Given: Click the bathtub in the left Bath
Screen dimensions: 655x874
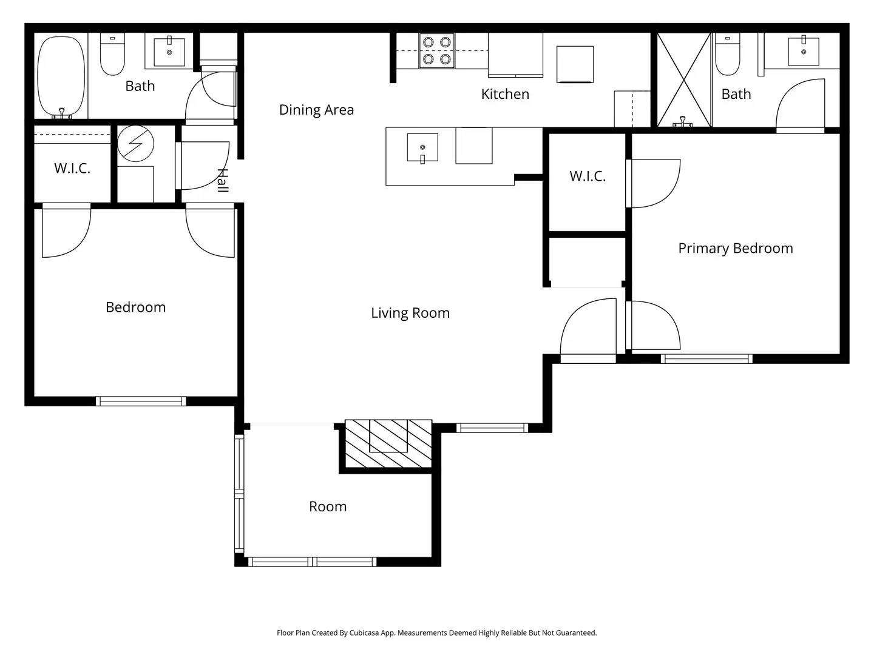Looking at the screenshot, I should tap(61, 77).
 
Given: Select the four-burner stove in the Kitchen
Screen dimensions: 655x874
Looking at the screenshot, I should tap(437, 50).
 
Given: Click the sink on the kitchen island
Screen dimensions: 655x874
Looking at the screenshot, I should tap(422, 147).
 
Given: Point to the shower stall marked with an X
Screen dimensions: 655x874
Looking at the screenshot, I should tap(684, 80).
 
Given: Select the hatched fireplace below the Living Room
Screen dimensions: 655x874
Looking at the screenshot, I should tap(388, 444).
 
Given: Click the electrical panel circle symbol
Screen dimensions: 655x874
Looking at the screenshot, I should tap(135, 144).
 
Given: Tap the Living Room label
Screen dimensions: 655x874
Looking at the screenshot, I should tap(410, 313).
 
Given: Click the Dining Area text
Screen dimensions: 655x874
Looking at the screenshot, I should tap(316, 110).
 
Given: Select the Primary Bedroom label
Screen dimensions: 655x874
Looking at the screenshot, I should tap(735, 248).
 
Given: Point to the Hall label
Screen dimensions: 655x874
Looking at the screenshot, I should tap(223, 180).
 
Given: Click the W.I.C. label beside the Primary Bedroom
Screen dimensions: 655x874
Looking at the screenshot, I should tap(587, 176).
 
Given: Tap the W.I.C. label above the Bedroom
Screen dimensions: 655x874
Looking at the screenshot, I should tap(72, 169).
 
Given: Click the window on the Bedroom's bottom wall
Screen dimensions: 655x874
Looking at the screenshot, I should tap(141, 401).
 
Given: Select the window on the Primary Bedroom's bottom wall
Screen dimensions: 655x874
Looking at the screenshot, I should tap(706, 359).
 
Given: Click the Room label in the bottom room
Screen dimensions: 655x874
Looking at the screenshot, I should tap(328, 506).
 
